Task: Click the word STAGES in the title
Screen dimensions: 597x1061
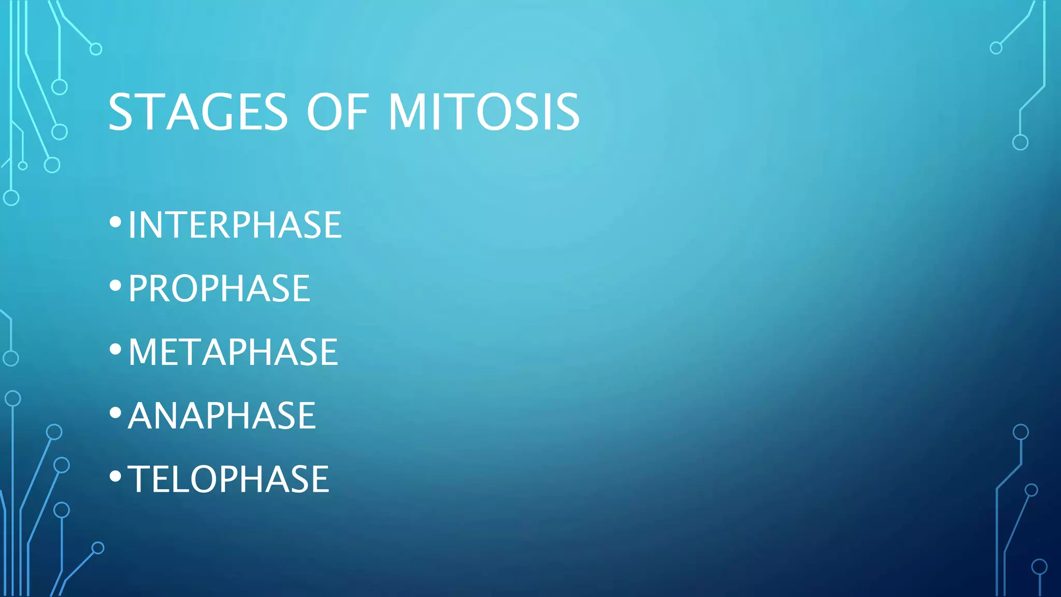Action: click(x=197, y=112)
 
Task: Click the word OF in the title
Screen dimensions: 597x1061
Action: click(x=337, y=112)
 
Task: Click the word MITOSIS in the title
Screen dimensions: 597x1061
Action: click(x=484, y=112)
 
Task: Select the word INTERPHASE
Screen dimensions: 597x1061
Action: click(x=235, y=225)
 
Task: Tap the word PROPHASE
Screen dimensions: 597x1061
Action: click(x=219, y=289)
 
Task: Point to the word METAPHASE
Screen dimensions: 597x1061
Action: click(x=233, y=352)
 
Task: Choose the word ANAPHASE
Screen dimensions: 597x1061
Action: click(x=222, y=416)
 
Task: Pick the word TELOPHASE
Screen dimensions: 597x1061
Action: click(x=228, y=479)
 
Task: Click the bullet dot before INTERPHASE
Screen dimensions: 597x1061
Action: click(x=116, y=222)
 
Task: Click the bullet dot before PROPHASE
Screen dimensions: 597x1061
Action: click(x=116, y=286)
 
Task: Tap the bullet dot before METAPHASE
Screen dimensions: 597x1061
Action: click(x=116, y=349)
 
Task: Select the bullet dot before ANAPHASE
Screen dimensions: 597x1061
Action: click(x=116, y=413)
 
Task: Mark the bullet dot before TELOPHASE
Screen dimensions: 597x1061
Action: click(x=116, y=476)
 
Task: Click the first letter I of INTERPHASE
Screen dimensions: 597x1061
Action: click(x=132, y=225)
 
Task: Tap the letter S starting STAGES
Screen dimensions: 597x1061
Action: click(x=120, y=112)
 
